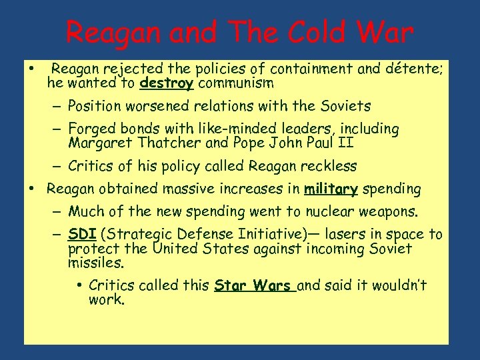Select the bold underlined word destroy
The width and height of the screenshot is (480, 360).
pos(167,84)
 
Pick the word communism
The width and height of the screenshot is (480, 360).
pos(235,84)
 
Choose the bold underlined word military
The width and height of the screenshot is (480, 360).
pos(331,189)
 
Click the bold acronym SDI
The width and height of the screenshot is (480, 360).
pos(81,234)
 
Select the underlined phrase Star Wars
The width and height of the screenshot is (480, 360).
pos(254,286)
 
